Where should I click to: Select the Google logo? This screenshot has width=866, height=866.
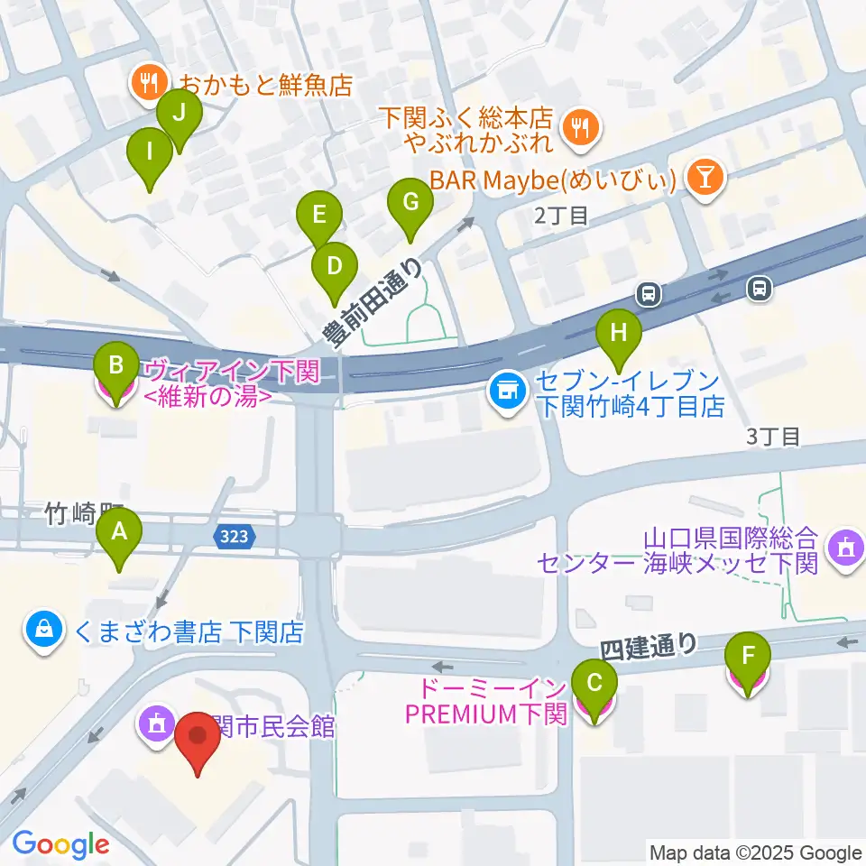[x=60, y=843]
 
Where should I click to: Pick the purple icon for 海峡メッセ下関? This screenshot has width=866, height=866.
[x=845, y=546]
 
